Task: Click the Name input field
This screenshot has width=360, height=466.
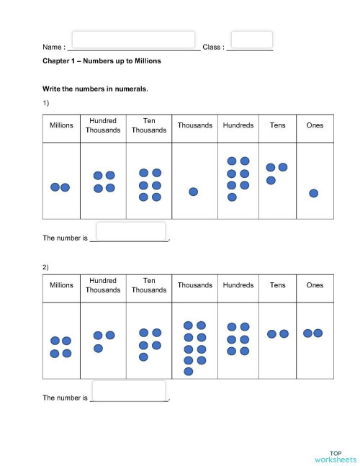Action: coord(133,40)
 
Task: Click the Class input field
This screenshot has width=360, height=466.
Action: coord(251,40)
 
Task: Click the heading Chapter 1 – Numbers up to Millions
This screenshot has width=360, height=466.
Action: coord(102,61)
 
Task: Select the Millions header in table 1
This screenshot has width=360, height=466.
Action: coord(61,125)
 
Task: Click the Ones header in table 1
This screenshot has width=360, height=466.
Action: coord(315,125)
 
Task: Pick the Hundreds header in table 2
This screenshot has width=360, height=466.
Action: coord(238,285)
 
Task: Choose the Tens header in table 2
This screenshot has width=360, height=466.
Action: coord(277,285)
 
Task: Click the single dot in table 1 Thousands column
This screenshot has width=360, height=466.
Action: coord(193,192)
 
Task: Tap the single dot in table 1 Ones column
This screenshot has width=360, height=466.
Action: coord(314,193)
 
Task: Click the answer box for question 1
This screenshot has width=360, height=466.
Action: coord(131,231)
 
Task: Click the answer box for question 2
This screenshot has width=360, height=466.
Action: coord(130,391)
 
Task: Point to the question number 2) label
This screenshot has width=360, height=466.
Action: coord(46,267)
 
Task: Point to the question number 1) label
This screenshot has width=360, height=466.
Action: coord(46,104)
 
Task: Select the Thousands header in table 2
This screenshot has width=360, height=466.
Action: coord(195,285)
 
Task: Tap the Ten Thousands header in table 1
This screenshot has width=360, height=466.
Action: coord(149,125)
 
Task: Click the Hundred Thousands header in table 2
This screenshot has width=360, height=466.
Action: coord(103,285)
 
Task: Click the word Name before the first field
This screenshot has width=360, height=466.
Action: coord(53,48)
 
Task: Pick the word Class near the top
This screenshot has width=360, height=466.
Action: coord(212,48)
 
